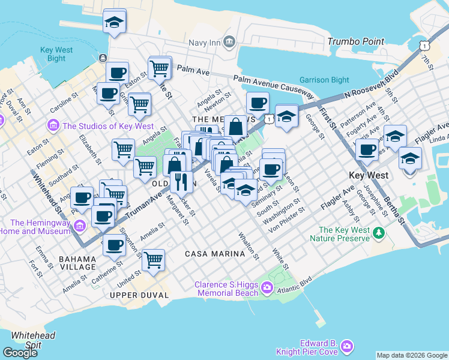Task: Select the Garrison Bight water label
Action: point(324,80)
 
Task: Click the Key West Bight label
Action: point(56,54)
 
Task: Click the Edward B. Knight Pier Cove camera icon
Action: point(346,346)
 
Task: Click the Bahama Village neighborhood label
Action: point(77,262)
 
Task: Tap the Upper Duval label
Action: point(137,295)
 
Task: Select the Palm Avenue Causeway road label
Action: point(274,86)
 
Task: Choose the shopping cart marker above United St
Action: point(154,260)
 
